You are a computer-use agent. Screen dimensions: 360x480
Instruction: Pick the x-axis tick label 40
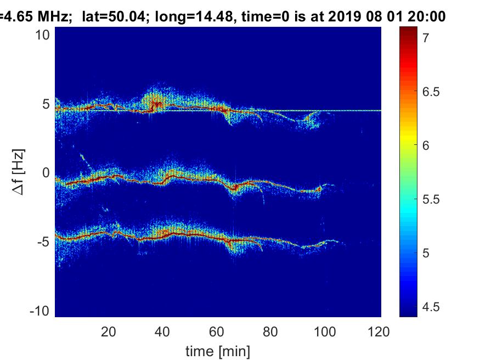(x=162, y=331)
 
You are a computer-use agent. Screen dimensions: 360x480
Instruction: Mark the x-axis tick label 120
(x=379, y=331)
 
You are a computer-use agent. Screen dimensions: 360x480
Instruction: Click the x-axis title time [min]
(x=218, y=350)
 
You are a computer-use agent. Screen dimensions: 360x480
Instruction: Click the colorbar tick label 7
(x=425, y=37)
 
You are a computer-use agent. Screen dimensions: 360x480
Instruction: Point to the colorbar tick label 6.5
(x=431, y=91)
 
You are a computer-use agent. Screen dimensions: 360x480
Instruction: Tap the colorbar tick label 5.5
(x=431, y=199)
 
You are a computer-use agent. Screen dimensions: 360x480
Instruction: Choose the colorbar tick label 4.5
(x=431, y=307)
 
